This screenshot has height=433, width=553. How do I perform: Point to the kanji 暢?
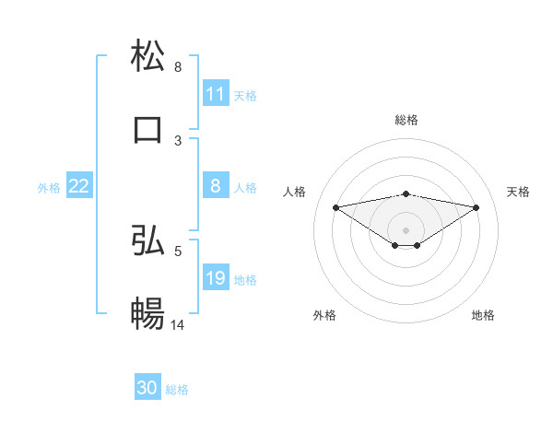point(147,313)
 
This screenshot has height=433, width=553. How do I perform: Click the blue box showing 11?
point(215,94)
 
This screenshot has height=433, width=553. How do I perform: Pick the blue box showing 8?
point(215,186)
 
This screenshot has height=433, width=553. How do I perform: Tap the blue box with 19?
point(215,278)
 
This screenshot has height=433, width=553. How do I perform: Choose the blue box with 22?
point(79,186)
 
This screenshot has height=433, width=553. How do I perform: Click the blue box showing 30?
point(147,388)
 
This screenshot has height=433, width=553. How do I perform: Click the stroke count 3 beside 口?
point(178,140)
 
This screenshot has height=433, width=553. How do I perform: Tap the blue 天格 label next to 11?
point(245,95)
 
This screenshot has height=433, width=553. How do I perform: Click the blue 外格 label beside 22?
point(49,187)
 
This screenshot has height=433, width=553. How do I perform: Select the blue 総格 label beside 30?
point(177,389)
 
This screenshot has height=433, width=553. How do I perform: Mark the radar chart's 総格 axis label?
point(406,120)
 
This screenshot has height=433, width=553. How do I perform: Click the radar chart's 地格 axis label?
point(483,315)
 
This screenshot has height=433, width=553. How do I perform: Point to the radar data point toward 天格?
point(477,207)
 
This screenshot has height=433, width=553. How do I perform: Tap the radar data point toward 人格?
point(335,206)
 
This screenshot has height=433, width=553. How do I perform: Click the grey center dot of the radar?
point(406,229)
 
